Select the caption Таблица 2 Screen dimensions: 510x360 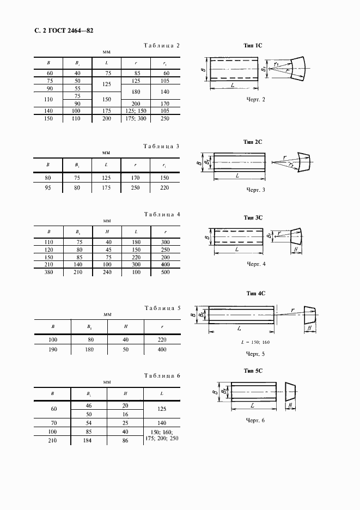tap(161, 46)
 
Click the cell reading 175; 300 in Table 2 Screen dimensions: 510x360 tap(136, 118)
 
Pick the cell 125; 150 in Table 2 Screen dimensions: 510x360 tap(136, 111)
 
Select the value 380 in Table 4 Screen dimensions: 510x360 tap(48, 272)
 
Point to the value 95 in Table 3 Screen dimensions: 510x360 tap(48, 187)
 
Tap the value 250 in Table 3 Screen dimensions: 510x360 tap(136, 187)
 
